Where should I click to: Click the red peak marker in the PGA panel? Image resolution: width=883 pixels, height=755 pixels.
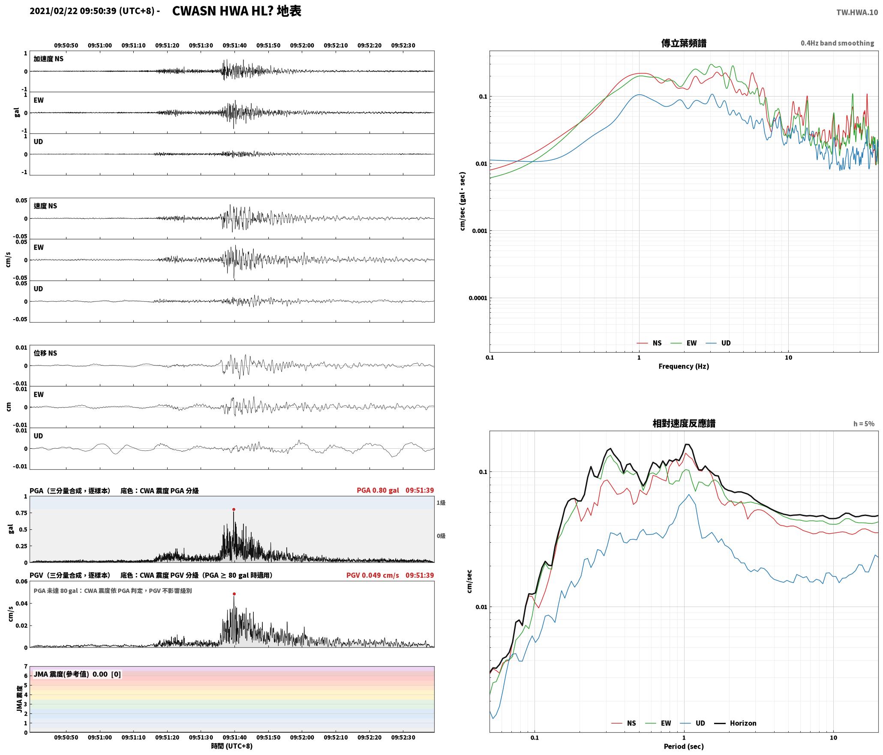pos(234,510)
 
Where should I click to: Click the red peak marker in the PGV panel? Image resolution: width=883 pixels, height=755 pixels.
pos(234,594)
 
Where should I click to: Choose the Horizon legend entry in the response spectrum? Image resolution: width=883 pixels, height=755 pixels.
pos(736,723)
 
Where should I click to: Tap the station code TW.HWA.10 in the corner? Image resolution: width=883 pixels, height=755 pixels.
pos(857,12)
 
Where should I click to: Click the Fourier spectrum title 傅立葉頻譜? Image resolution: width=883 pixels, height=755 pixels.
pos(684,43)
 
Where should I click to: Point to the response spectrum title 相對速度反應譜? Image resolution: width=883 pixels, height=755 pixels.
pos(684,423)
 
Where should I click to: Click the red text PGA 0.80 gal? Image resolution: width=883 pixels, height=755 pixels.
pos(378,490)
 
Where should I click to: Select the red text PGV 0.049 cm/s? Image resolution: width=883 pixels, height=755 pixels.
pos(372,575)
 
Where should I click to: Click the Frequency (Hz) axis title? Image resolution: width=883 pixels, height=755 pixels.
pos(684,366)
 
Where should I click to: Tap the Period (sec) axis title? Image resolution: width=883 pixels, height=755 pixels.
pos(684,746)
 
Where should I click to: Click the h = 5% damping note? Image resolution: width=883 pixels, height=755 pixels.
pos(864,424)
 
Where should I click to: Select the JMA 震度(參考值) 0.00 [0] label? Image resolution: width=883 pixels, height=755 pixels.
pos(77,674)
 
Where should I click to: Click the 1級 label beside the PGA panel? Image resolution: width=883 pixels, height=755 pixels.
pos(441,503)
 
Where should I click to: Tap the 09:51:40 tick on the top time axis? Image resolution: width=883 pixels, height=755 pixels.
pos(234,45)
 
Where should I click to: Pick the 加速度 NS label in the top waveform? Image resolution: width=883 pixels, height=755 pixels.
pos(48,59)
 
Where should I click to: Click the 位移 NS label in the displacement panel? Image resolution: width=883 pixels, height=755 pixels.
pos(45,353)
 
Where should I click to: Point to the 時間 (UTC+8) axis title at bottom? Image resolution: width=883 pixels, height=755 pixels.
pos(232,746)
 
